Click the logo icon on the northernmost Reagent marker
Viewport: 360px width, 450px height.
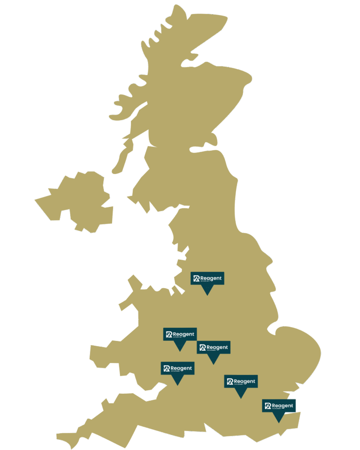[x=196, y=278]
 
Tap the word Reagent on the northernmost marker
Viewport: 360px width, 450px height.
[x=211, y=278]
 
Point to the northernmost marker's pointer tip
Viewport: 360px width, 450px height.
[x=207, y=294]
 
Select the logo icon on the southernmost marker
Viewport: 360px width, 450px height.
[x=268, y=406]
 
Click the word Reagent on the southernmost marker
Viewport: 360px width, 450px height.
[x=283, y=405]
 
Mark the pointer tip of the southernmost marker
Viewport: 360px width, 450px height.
[x=279, y=422]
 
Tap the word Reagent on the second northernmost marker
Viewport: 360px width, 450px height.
[x=184, y=334]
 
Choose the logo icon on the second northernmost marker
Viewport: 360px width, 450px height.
[x=169, y=334]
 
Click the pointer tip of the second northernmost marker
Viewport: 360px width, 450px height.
[x=180, y=351]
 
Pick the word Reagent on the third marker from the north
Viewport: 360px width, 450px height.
[x=217, y=347]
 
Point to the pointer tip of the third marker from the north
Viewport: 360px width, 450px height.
[x=213, y=364]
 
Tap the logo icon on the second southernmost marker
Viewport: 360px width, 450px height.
[x=229, y=381]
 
